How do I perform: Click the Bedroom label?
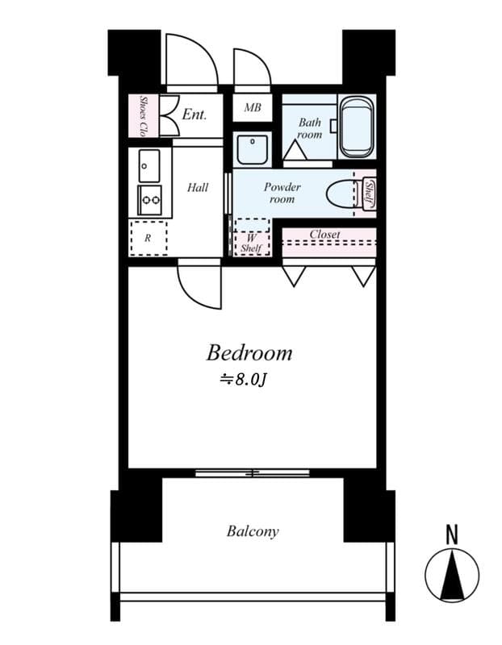249,353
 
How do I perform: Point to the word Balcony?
253,531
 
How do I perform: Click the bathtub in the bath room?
357,127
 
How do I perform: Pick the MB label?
253,107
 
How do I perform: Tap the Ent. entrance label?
194,114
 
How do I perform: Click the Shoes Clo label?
144,115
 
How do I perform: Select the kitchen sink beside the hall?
149,166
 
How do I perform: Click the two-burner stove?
150,200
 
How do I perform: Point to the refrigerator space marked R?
149,238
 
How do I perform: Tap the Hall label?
198,188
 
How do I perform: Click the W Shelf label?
251,243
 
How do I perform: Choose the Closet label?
324,234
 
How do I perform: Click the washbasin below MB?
253,149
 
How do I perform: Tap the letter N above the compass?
452,535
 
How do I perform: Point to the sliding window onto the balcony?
253,473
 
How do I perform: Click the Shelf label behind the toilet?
369,193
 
